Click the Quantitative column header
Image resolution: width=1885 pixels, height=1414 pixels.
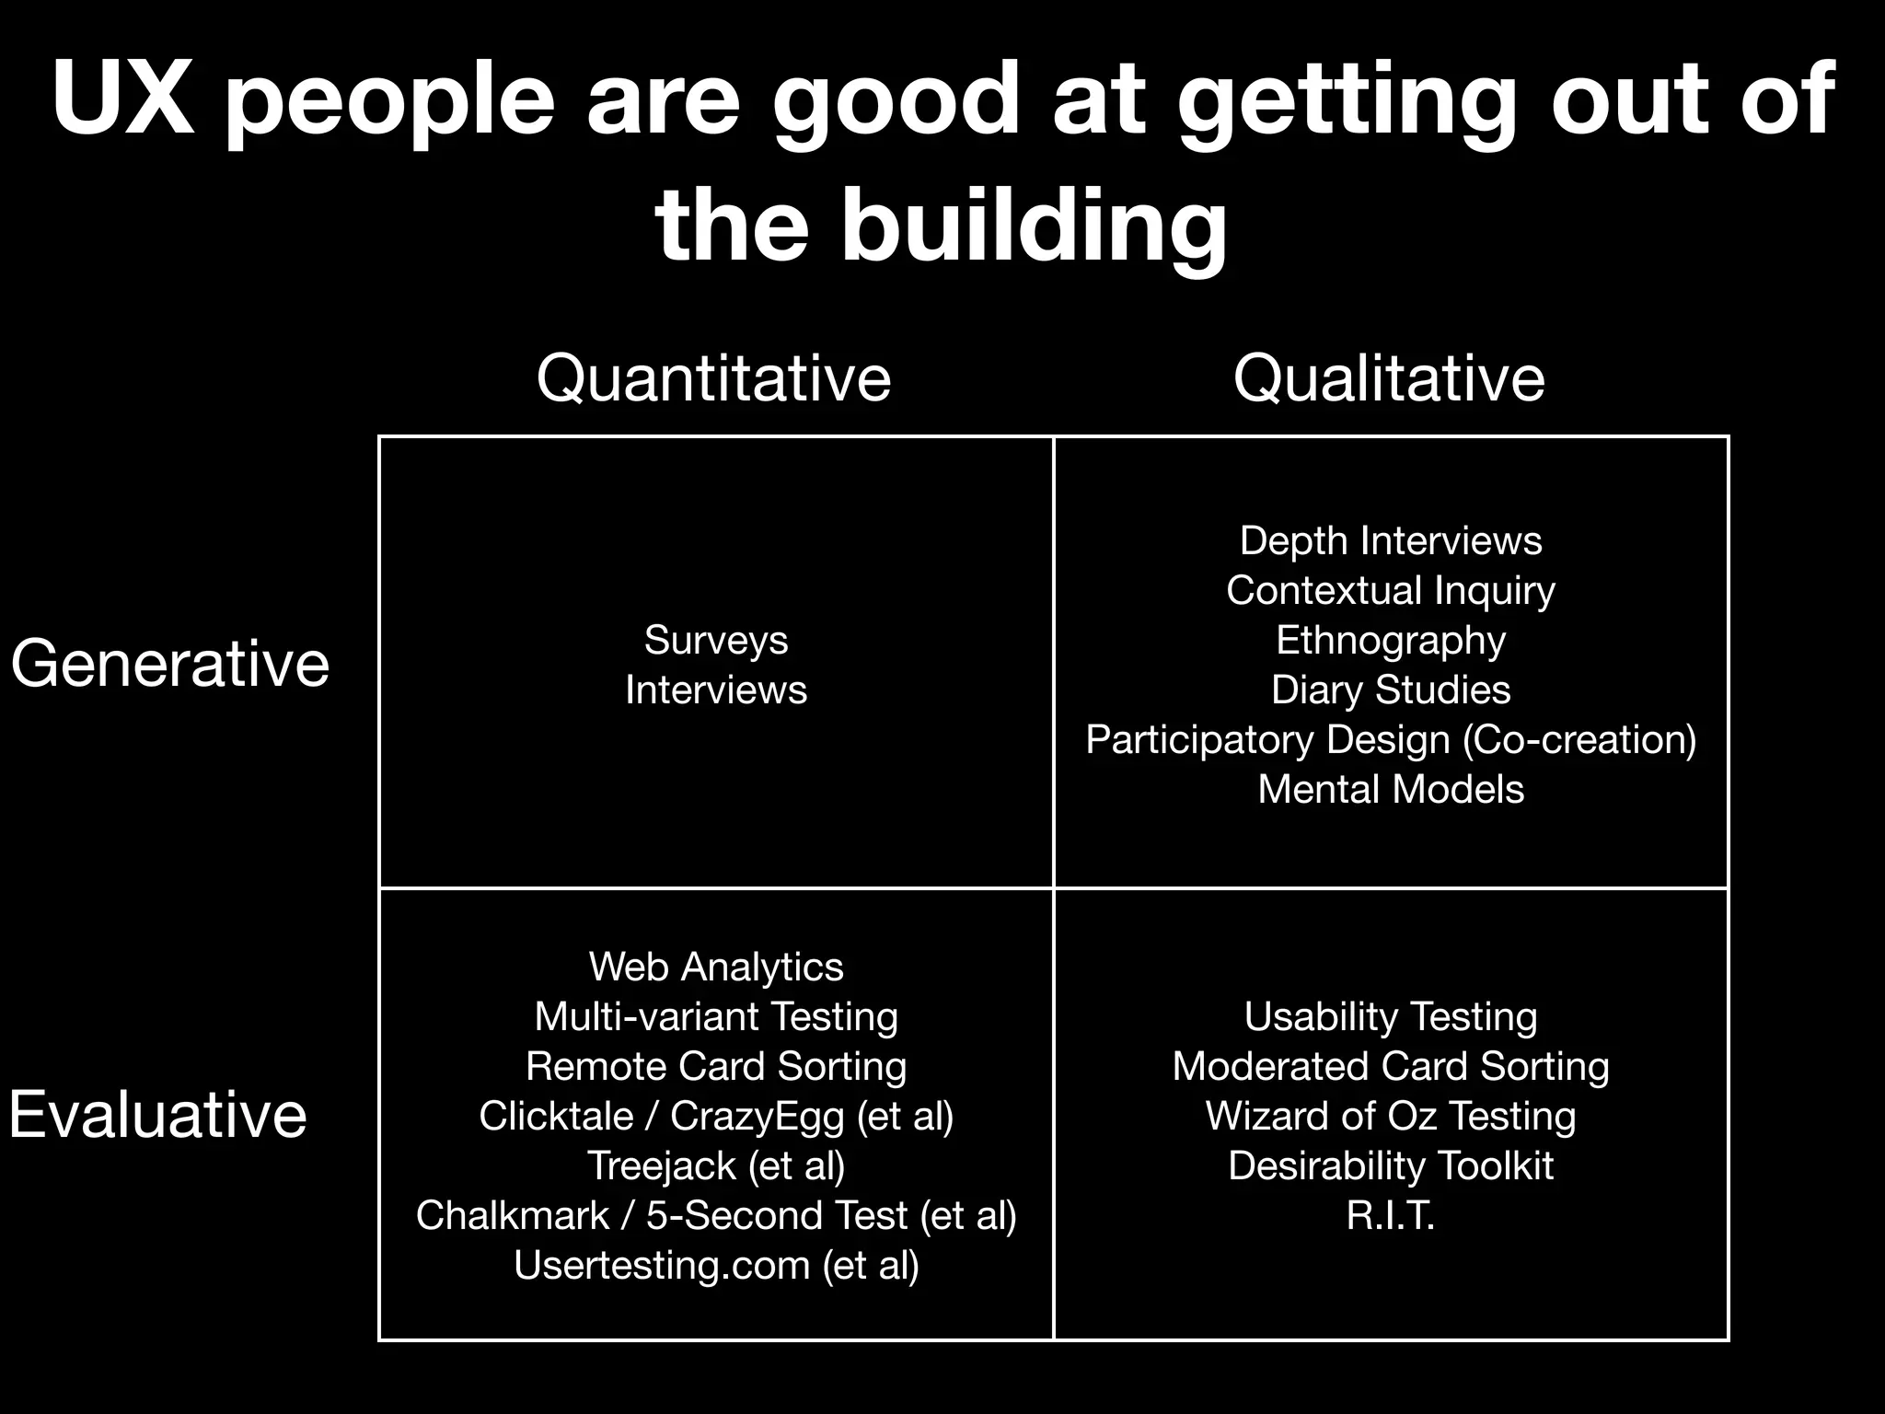(x=713, y=378)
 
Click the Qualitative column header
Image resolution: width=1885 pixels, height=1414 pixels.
(x=1389, y=378)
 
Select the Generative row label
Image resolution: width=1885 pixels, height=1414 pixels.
(x=170, y=663)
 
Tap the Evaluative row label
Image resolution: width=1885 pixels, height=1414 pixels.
(x=157, y=1114)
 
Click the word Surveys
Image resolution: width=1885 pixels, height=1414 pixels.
(x=716, y=640)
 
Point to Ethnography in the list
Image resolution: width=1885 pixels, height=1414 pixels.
(x=1391, y=640)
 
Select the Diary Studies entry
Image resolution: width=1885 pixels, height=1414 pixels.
(x=1391, y=690)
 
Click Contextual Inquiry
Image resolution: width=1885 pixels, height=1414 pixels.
(x=1391, y=590)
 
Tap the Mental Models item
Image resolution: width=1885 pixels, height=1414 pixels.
(x=1391, y=789)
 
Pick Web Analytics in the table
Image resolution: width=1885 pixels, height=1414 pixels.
(x=716, y=967)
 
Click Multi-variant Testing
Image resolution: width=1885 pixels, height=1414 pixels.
(x=716, y=1016)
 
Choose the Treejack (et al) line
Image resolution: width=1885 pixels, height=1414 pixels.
(x=716, y=1165)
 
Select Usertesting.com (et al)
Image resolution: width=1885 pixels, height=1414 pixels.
(x=716, y=1265)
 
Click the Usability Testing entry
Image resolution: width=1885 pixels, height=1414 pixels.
(x=1391, y=1016)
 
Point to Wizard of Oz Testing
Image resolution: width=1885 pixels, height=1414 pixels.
(x=1391, y=1116)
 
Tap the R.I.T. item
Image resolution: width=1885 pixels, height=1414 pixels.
(x=1391, y=1215)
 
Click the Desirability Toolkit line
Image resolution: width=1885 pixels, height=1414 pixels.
(x=1391, y=1165)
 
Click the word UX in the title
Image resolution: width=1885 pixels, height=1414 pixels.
(x=122, y=99)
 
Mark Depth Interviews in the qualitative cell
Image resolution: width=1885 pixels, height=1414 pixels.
(x=1391, y=540)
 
